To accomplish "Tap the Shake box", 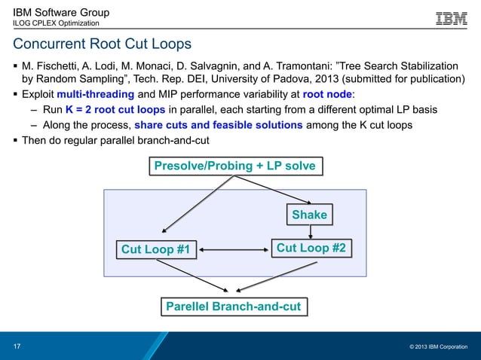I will point(309,215).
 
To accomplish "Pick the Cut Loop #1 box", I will point(155,249).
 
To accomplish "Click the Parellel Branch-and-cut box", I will point(234,307).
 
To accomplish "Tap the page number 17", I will point(17,346).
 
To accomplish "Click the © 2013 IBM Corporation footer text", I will point(438,346).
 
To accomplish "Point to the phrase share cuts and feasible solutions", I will point(218,125).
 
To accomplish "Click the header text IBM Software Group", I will point(61,12).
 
